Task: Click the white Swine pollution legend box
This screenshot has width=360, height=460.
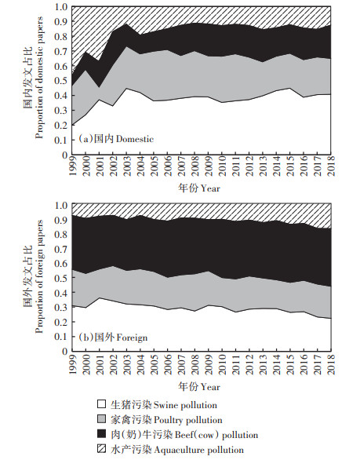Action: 101,404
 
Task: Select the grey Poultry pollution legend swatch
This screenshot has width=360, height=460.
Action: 101,419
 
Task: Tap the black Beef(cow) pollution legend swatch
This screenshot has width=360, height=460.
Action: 101,434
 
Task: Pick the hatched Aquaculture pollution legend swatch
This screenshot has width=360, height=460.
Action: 101,449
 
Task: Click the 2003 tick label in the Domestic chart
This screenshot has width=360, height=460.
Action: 127,166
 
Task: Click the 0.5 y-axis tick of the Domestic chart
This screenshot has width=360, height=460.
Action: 61,81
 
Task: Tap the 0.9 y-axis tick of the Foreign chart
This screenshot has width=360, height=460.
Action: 61,220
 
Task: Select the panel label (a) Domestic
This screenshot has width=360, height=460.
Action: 116,139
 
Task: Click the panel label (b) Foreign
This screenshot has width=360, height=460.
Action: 113,338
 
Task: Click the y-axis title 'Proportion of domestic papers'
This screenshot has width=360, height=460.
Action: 39,78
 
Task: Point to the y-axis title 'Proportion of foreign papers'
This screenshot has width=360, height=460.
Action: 39,276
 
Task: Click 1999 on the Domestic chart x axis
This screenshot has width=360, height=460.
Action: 72,166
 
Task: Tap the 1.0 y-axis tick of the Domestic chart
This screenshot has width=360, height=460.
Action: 61,6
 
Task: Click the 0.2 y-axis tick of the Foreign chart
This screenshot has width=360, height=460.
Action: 61,322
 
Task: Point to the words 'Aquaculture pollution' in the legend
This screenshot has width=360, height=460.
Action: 198,450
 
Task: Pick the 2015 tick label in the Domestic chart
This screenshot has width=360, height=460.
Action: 290,166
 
